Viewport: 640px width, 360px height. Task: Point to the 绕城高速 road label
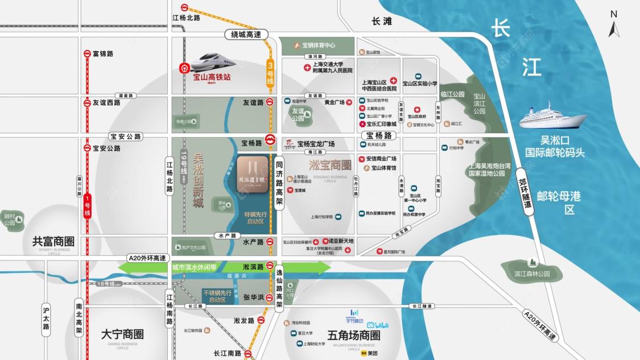click(x=246, y=35)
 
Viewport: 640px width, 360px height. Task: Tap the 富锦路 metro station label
click(x=103, y=54)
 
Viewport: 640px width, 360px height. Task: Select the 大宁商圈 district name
click(x=122, y=334)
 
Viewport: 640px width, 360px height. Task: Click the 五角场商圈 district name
click(x=354, y=336)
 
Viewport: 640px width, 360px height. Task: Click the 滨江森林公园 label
click(x=532, y=274)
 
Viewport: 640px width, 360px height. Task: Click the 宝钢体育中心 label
click(x=318, y=45)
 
